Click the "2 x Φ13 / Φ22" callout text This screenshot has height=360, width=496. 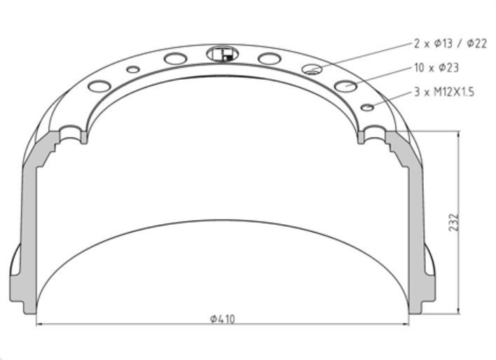pyautogui.click(x=450, y=43)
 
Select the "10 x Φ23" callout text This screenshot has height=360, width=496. pyautogui.click(x=436, y=68)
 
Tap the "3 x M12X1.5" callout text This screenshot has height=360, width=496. pyautogui.click(x=444, y=92)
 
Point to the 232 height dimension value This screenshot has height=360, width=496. pyautogui.click(x=453, y=222)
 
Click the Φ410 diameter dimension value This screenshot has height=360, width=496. pyautogui.click(x=223, y=319)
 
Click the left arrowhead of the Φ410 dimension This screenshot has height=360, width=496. pyautogui.click(x=40, y=324)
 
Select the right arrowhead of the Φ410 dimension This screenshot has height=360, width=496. pyautogui.click(x=405, y=324)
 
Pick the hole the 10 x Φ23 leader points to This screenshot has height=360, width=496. pyautogui.click(x=345, y=86)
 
